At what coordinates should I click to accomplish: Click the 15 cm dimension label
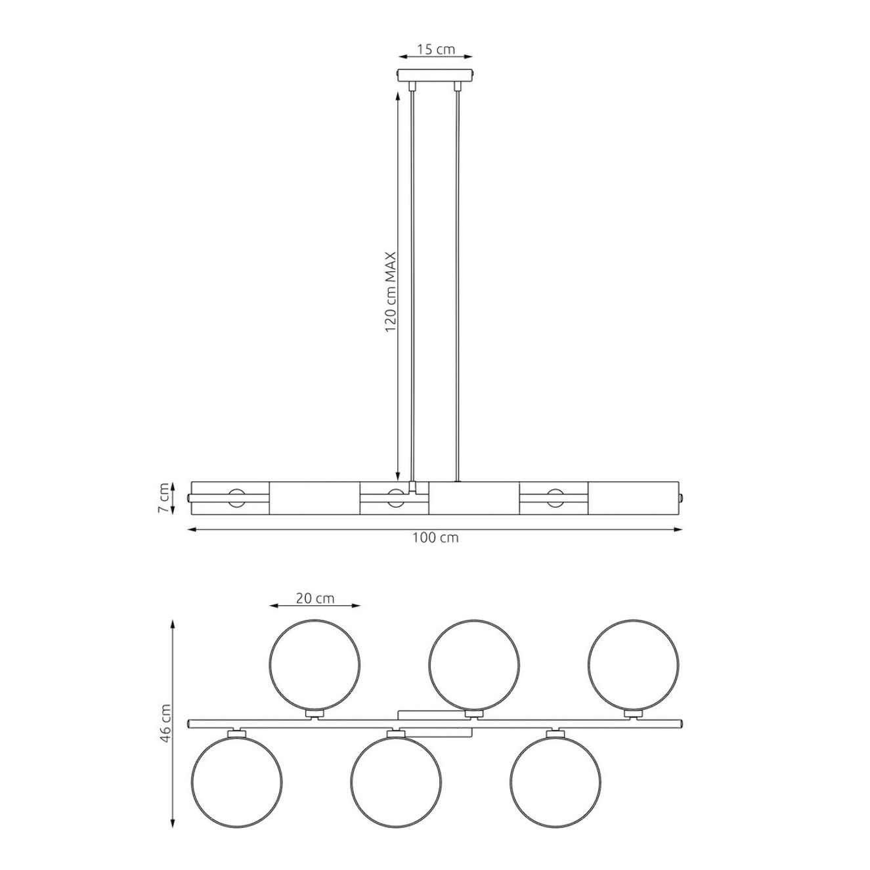(x=435, y=49)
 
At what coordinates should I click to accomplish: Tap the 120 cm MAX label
(x=391, y=292)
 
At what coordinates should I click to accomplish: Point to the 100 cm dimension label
(x=435, y=538)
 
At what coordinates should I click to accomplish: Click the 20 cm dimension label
(x=315, y=598)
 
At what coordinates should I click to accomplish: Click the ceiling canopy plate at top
(x=435, y=75)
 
